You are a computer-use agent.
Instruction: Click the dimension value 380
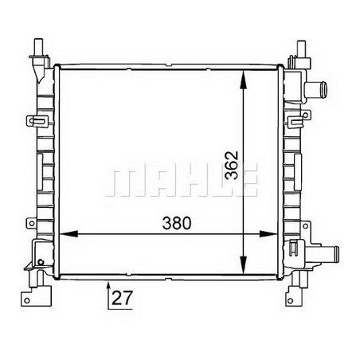(x=177, y=224)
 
